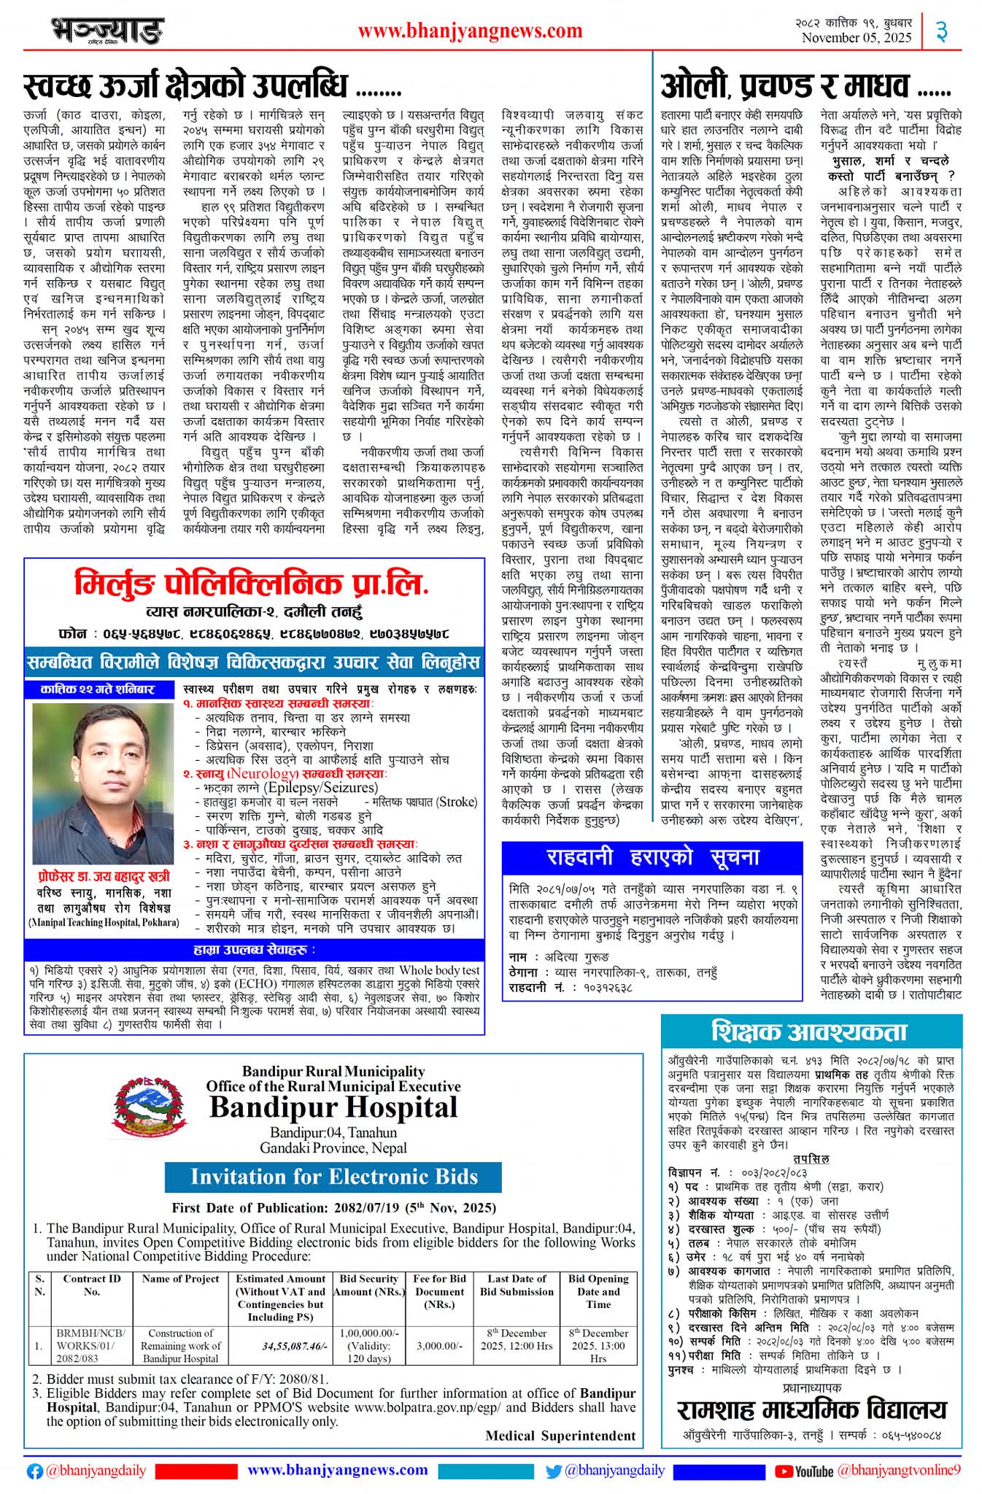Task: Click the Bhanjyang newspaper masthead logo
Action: pos(107,31)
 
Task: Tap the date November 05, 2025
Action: pos(857,38)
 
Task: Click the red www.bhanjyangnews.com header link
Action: pos(470,31)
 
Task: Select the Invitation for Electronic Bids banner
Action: pos(333,1177)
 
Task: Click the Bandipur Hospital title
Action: pos(333,1108)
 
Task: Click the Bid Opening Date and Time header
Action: pos(598,1291)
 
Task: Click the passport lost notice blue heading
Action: pos(652,857)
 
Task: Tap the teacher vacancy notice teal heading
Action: pos(810,1032)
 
